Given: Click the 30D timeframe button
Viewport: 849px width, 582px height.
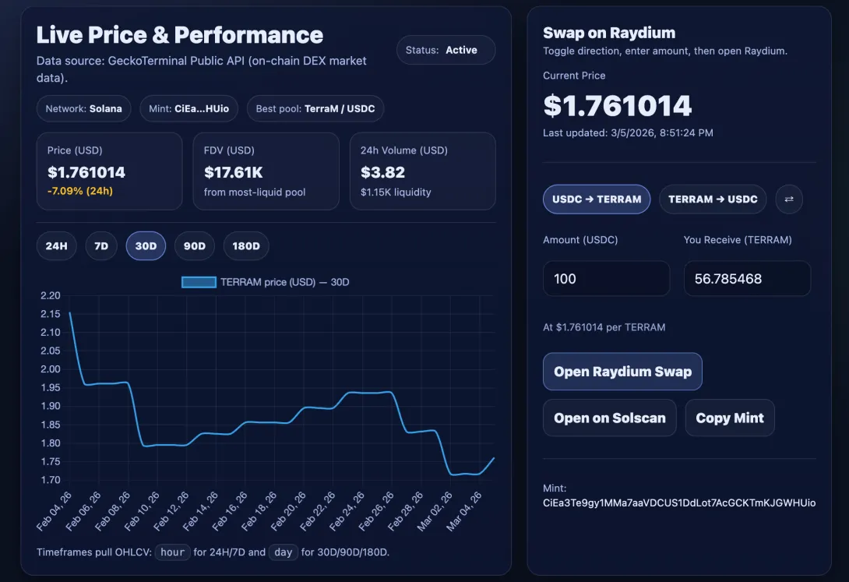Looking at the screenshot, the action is [146, 245].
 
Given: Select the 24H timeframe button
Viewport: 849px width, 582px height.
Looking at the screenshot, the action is [56, 245].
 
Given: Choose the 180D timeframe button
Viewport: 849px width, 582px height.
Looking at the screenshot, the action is [246, 245].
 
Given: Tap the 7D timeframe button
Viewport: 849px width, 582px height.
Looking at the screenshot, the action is [101, 245].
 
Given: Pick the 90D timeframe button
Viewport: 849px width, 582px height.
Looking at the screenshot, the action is [195, 245].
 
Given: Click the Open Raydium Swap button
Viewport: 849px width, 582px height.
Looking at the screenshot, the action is [622, 372].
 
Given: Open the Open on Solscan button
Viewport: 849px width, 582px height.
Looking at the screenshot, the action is [610, 418].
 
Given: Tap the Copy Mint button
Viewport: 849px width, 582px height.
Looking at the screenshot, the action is [730, 418].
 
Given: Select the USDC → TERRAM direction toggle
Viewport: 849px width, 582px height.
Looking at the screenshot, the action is [597, 199].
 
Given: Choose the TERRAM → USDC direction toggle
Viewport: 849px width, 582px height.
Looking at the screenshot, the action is [713, 199].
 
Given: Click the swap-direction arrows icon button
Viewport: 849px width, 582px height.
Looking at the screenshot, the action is [789, 199].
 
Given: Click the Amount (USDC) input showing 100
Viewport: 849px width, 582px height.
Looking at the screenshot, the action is [607, 279].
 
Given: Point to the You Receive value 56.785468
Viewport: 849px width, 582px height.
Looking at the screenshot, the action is [728, 279].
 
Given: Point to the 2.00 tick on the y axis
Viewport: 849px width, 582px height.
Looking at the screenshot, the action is [51, 369].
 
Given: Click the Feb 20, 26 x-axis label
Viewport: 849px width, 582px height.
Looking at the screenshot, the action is [288, 511].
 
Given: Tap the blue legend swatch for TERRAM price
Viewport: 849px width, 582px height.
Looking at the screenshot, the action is [199, 282].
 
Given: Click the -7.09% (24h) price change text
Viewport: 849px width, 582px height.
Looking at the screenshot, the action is [80, 191].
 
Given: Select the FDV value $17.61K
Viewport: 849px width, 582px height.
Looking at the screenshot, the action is [234, 172].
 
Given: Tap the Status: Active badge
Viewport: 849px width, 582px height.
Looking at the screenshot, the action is [446, 50].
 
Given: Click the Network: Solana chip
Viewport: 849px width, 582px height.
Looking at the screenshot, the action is [83, 109].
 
